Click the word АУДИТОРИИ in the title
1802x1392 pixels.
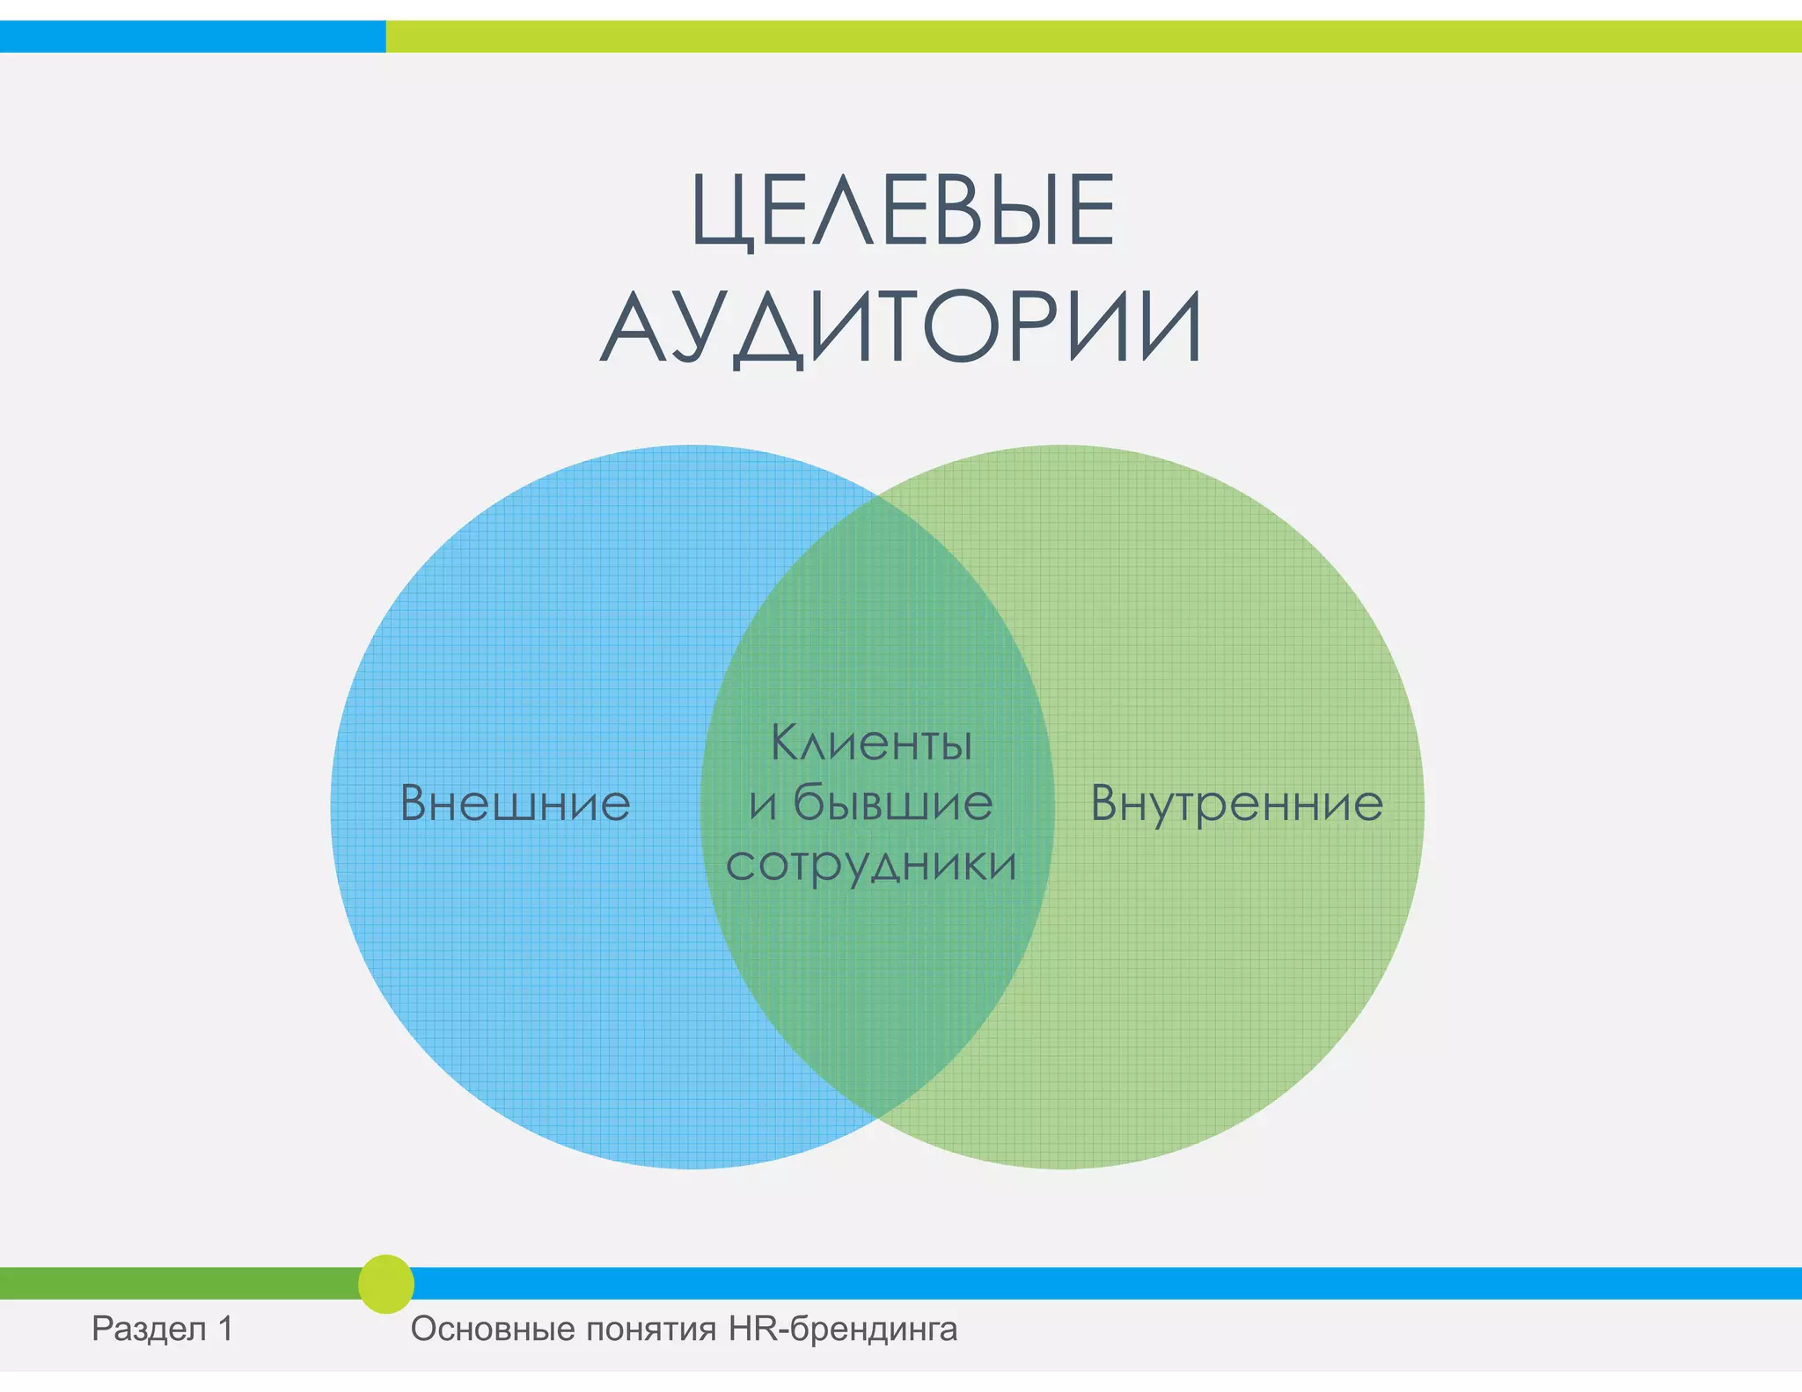point(901,327)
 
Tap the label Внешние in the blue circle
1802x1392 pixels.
point(516,803)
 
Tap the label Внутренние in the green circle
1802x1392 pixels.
point(1236,803)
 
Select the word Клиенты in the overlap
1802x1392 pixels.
point(871,743)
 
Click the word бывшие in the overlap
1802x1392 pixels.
point(892,802)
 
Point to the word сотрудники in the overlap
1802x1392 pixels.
point(871,864)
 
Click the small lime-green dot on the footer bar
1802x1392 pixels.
point(385,1284)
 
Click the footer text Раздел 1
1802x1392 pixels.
point(163,1329)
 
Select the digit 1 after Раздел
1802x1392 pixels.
point(226,1329)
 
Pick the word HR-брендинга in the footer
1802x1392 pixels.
point(842,1329)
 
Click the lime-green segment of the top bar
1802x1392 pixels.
point(1091,36)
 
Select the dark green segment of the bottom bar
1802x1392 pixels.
point(176,1284)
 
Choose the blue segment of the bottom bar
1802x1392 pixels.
point(1100,1284)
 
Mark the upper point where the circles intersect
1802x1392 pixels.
point(877,496)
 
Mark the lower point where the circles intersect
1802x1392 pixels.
point(877,1117)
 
